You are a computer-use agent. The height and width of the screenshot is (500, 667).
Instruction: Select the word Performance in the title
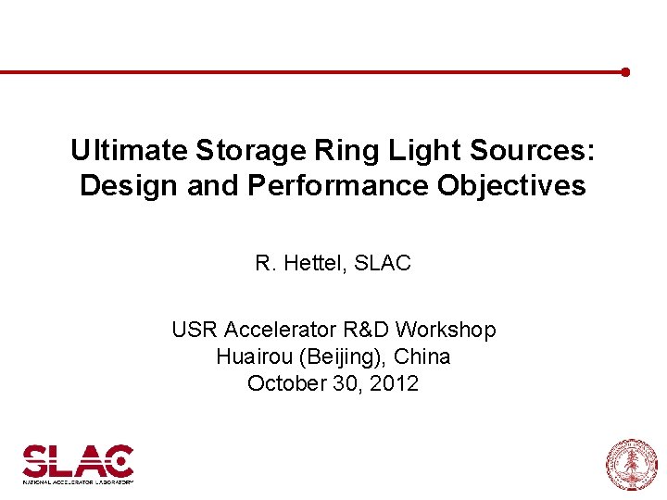pyautogui.click(x=338, y=185)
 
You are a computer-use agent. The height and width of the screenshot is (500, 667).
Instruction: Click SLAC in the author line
pyautogui.click(x=383, y=264)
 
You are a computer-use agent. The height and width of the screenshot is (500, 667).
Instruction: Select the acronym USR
pyautogui.click(x=194, y=330)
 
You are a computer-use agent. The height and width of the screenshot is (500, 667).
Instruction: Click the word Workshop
pyautogui.click(x=450, y=330)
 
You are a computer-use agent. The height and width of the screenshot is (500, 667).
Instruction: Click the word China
pyautogui.click(x=425, y=356)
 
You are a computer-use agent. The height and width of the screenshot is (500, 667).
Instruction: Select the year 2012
pyautogui.click(x=394, y=383)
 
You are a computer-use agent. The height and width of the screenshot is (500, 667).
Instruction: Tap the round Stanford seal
pyautogui.click(x=631, y=464)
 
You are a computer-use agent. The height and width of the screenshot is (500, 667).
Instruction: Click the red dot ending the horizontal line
pyautogui.click(x=626, y=71)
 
